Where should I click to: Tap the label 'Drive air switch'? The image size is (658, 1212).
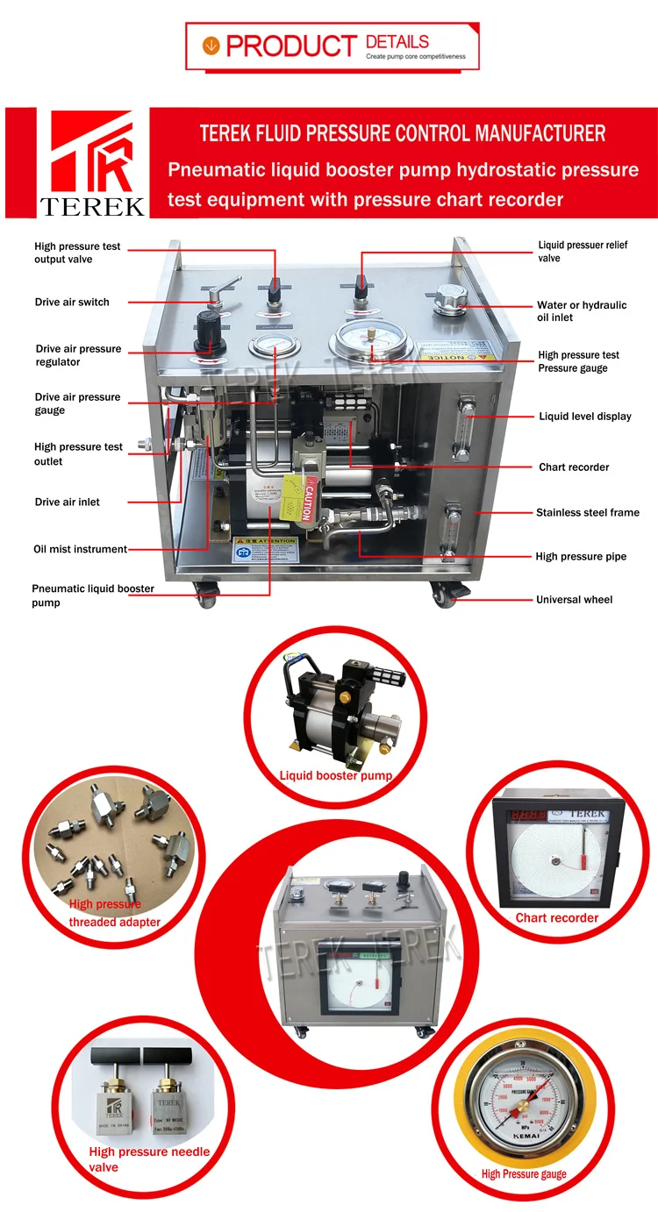pos(72,303)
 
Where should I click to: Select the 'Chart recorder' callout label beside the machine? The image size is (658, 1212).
pos(574,467)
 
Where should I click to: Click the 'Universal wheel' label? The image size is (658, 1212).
pos(574,600)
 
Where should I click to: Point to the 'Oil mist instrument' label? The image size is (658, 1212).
pos(80,550)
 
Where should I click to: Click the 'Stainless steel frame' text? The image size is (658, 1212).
pos(587,512)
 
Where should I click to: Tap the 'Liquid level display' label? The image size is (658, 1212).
pos(584,417)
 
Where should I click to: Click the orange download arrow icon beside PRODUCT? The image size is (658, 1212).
pos(211,46)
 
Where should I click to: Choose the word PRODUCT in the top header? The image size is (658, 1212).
pos(290,46)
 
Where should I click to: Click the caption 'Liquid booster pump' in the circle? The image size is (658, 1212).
pos(335,776)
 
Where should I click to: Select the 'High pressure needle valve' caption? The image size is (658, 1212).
pos(148,1159)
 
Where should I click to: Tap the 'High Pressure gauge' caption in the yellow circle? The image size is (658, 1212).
pos(523,1174)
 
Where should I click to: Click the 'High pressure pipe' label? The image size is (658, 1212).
pos(581,557)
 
